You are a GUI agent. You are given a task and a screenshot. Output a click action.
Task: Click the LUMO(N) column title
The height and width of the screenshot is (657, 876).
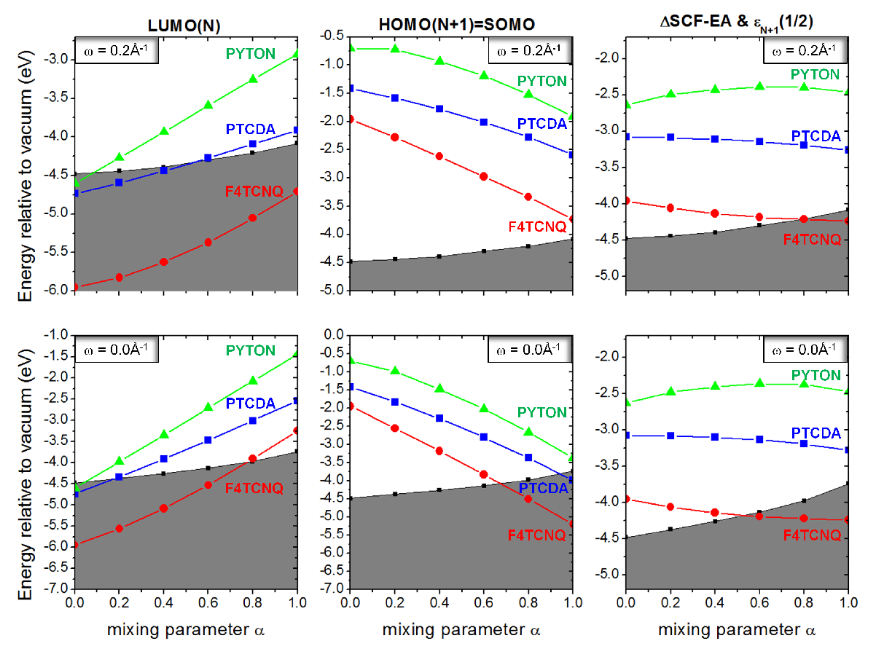click(x=184, y=26)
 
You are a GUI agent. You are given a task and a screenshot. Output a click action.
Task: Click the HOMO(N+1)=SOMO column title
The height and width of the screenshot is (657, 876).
click(x=457, y=25)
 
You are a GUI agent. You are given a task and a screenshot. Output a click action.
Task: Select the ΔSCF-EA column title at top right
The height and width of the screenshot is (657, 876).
click(x=736, y=23)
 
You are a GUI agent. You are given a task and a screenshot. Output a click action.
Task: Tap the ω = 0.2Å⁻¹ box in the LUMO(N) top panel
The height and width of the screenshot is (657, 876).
click(x=117, y=51)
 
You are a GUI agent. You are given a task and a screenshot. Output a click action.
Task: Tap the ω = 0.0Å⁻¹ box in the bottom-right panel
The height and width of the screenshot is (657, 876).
click(x=805, y=350)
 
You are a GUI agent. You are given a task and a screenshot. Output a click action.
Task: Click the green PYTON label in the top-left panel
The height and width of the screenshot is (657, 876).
click(x=251, y=54)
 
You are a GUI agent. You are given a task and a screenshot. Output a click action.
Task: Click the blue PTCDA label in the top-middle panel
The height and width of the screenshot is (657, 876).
click(x=542, y=124)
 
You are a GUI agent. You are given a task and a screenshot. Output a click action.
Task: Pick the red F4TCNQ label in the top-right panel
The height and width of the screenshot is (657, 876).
click(x=812, y=240)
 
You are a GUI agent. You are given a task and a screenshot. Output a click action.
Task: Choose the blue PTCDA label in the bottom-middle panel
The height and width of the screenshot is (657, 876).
click(x=543, y=488)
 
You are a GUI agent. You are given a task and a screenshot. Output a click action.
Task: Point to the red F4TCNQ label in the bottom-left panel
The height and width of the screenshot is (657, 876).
click(x=254, y=488)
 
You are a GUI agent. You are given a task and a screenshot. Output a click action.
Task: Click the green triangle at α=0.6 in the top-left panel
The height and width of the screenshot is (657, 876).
click(x=208, y=104)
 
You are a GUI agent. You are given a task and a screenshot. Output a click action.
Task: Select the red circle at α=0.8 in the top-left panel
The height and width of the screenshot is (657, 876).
click(x=253, y=218)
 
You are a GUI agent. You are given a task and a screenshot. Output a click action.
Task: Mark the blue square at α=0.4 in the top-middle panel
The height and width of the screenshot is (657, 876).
click(x=439, y=109)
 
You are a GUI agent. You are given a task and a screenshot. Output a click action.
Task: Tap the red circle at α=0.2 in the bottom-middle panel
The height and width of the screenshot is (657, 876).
click(x=395, y=428)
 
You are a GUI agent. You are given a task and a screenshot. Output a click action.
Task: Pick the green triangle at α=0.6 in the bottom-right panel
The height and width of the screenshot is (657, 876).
click(x=759, y=383)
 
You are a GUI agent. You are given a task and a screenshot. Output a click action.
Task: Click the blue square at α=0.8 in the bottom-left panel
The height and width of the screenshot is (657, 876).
click(x=253, y=420)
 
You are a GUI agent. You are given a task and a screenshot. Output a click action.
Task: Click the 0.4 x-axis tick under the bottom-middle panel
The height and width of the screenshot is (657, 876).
click(x=439, y=602)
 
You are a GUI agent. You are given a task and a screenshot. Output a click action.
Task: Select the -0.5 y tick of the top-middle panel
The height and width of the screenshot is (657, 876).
click(x=332, y=35)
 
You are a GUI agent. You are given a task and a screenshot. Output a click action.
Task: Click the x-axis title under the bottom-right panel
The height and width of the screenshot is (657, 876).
click(x=737, y=630)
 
